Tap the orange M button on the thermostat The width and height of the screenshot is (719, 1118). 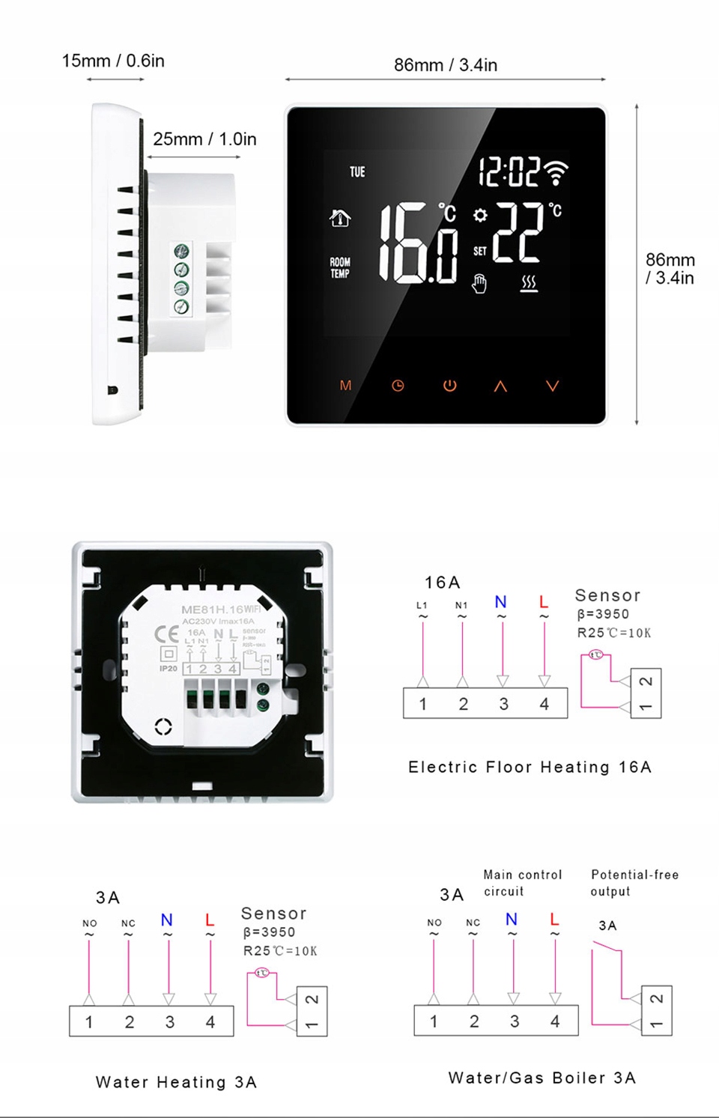click(x=345, y=386)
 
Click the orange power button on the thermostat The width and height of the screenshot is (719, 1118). click(x=449, y=386)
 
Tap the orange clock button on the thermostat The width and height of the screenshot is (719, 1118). click(x=398, y=386)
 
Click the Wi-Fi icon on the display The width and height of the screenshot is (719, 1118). click(x=556, y=172)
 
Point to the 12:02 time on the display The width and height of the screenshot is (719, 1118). click(x=509, y=172)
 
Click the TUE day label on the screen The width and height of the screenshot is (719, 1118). click(x=357, y=172)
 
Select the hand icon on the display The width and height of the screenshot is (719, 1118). click(x=479, y=284)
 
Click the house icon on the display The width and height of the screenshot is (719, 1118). click(x=340, y=218)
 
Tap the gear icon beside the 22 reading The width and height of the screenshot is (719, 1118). click(x=480, y=215)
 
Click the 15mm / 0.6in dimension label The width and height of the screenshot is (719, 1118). click(x=113, y=61)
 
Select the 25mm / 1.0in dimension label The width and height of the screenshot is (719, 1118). click(x=204, y=139)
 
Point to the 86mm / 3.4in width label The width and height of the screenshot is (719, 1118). click(x=446, y=65)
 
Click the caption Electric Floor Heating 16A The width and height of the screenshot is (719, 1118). click(x=530, y=767)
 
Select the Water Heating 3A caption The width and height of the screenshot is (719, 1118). click(x=176, y=1082)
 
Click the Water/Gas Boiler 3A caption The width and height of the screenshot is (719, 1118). click(x=542, y=1078)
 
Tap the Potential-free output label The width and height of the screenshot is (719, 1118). click(x=634, y=883)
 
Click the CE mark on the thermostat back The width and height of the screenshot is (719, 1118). click(x=166, y=635)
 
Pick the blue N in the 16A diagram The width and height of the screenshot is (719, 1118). click(x=501, y=602)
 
